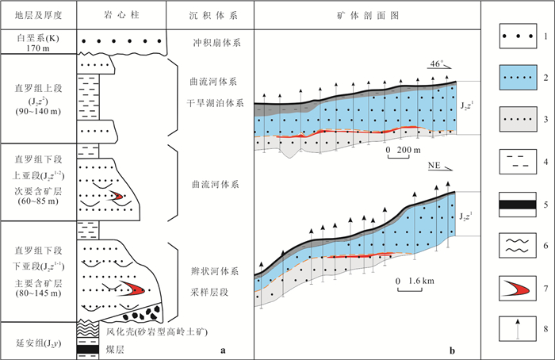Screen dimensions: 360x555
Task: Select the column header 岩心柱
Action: (x=122, y=14)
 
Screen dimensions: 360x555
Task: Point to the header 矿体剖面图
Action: (x=369, y=14)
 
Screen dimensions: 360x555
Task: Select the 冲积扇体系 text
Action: (x=214, y=44)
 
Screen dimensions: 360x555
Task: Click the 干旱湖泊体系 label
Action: (x=216, y=102)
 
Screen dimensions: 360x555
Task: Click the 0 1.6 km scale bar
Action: (x=413, y=281)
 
